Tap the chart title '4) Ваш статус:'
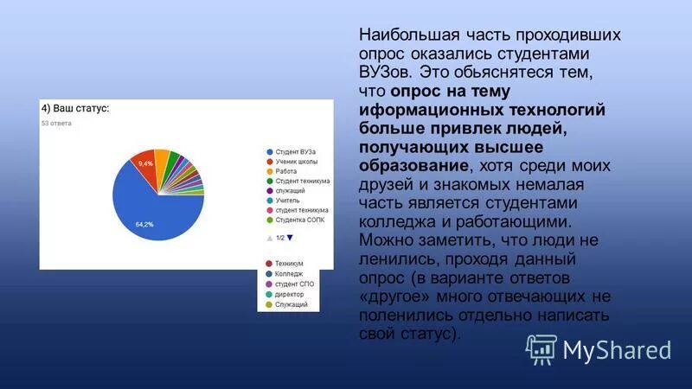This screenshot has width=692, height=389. tap(75, 110)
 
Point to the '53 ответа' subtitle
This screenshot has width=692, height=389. tap(57, 124)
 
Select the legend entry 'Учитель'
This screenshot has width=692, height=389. tap(287, 200)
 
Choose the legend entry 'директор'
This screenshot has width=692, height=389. tap(290, 294)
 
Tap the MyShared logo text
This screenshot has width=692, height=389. tap(617, 350)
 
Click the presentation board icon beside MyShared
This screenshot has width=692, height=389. tap(541, 348)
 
